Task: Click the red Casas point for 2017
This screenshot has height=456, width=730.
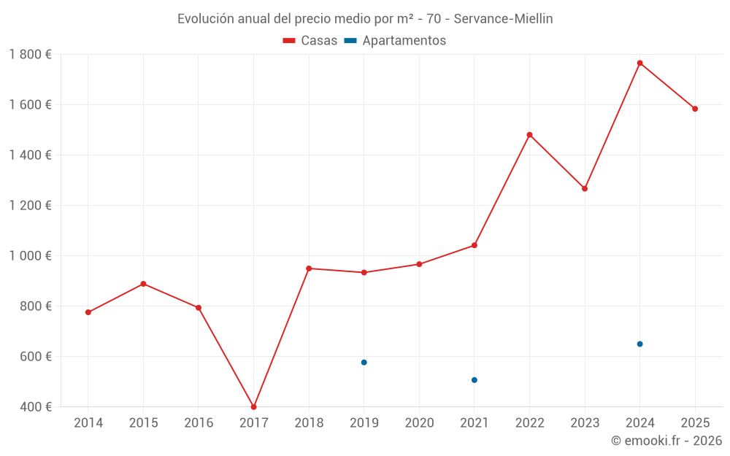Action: (x=253, y=407)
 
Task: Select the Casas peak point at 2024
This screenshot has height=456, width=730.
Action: (x=639, y=63)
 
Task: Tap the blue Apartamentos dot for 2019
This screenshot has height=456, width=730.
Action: (x=364, y=363)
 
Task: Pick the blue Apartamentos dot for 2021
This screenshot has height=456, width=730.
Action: (x=474, y=380)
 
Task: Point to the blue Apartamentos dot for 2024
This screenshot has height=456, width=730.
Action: (x=639, y=344)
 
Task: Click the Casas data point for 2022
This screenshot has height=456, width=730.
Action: (x=529, y=135)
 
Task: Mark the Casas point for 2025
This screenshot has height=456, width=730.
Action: (x=695, y=109)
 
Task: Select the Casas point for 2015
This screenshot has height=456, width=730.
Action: (x=143, y=284)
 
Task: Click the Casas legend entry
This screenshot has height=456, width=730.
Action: (x=310, y=41)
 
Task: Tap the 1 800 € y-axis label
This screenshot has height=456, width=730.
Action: (x=31, y=55)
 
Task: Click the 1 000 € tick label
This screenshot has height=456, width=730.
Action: (x=31, y=256)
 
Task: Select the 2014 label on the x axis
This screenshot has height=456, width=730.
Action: (x=88, y=423)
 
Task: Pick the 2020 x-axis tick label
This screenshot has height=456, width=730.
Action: (x=419, y=423)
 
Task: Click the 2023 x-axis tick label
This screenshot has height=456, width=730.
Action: (x=585, y=423)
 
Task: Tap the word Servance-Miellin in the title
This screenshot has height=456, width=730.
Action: (x=503, y=19)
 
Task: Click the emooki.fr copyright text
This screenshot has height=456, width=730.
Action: (x=666, y=441)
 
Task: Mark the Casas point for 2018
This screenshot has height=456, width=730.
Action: (x=309, y=268)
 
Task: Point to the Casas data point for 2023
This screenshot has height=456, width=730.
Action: (x=585, y=189)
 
